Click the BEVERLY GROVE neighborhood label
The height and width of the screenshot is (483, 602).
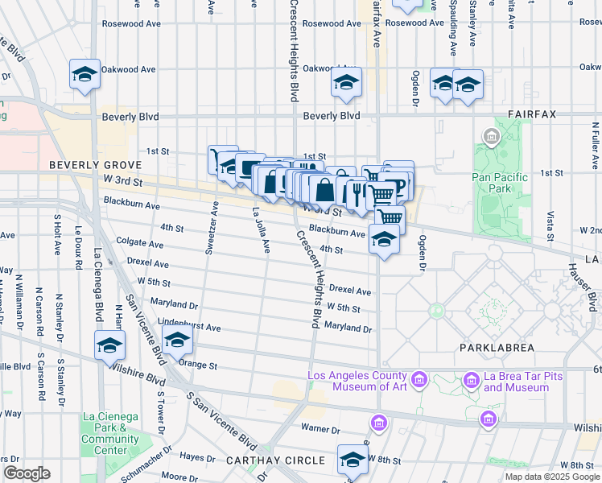pyautogui.click(x=85, y=164)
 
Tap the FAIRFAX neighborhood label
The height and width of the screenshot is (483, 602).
pyautogui.click(x=531, y=115)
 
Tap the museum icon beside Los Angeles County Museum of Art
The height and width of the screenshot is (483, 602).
pyautogui.click(x=419, y=378)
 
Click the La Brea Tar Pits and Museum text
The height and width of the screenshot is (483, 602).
pyautogui.click(x=505, y=382)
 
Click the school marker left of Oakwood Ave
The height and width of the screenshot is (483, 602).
pyautogui.click(x=85, y=73)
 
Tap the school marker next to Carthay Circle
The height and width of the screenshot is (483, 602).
pyautogui.click(x=352, y=459)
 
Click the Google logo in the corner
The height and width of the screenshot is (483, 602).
pyautogui.click(x=27, y=473)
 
